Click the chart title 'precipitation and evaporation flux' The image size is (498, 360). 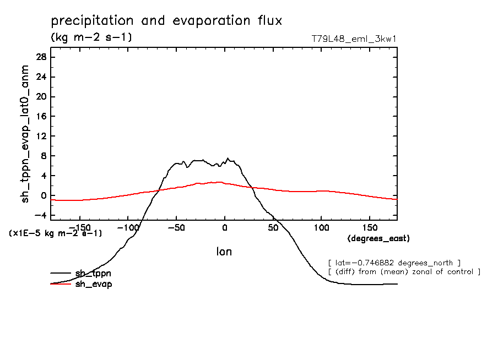[166, 21]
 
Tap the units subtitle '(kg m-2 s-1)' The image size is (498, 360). [91, 37]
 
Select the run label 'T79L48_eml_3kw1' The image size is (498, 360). [354, 39]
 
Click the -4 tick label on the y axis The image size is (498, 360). [40, 216]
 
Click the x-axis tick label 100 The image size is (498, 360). [321, 227]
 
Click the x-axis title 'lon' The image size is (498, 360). [224, 252]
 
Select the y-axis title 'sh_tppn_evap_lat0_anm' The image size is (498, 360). [25, 134]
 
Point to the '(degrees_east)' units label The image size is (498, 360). [378, 239]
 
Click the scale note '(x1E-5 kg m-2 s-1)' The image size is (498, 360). [56, 233]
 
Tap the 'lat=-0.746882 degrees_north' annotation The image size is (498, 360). [394, 263]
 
